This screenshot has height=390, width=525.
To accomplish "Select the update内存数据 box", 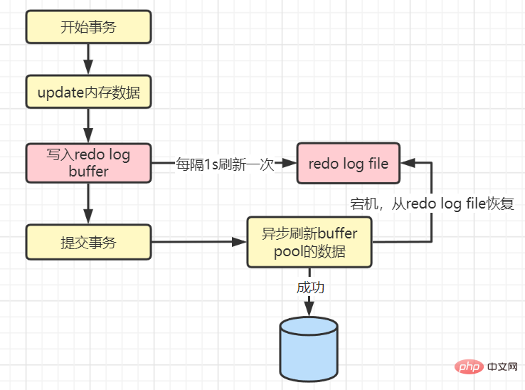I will tap(89, 93).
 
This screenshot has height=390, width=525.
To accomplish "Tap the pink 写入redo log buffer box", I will tap(89, 163).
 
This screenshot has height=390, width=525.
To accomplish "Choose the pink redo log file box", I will tap(348, 163).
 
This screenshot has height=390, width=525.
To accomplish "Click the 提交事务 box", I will tap(89, 242).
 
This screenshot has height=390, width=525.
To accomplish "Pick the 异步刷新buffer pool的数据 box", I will tap(309, 242).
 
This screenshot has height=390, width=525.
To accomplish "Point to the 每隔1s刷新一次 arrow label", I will tap(225, 164).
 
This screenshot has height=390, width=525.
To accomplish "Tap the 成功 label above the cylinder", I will tap(309, 288).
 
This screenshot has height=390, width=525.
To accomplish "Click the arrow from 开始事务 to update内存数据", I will tap(89, 60).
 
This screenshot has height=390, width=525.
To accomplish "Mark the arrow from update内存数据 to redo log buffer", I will tap(89, 125).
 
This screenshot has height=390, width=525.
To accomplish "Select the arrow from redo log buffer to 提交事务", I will tap(89, 204).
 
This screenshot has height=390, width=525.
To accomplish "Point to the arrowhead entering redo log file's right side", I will tap(406, 163).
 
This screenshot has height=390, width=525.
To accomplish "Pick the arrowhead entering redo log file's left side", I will tap(290, 163).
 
